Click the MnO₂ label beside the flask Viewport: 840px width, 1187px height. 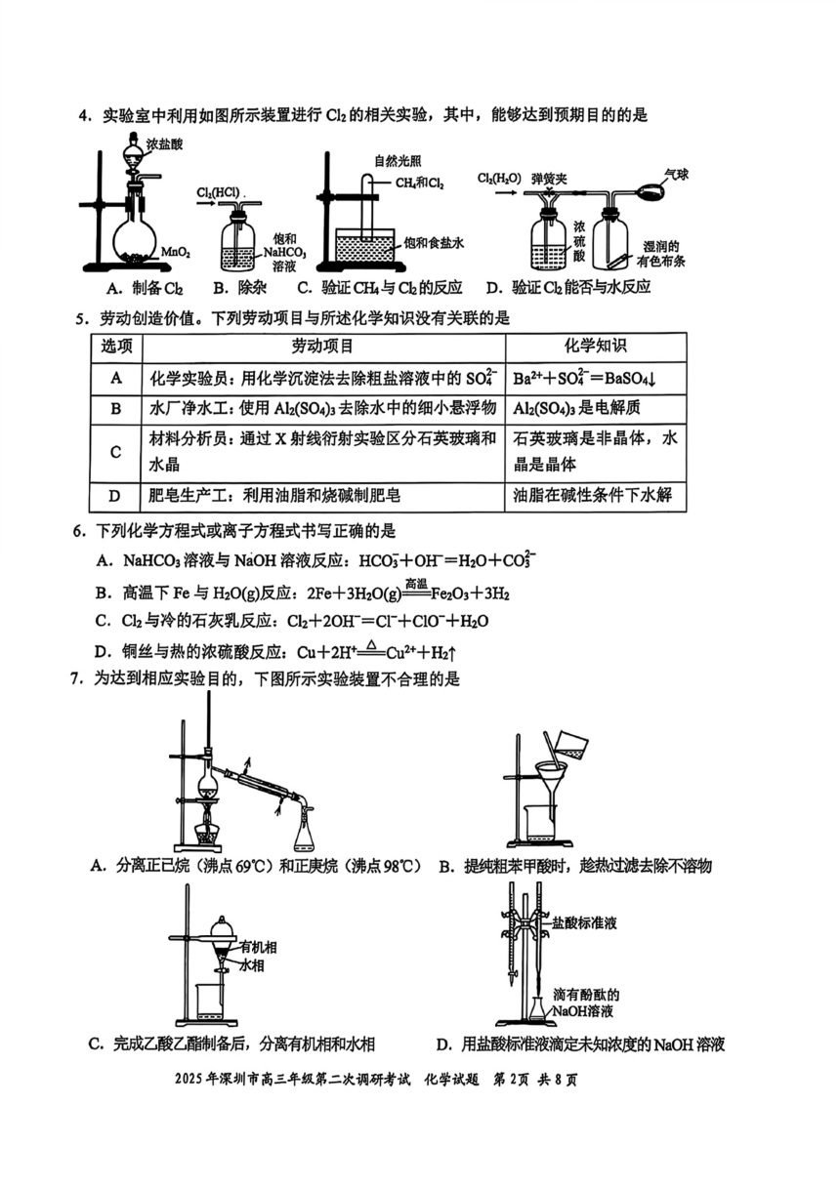(176, 253)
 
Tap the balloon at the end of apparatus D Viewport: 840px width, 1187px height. (651, 189)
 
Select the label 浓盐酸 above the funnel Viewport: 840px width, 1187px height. (166, 144)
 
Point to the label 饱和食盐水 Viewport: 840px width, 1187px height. (434, 243)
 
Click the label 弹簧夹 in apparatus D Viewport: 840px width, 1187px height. (549, 179)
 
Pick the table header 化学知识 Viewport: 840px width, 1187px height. (595, 347)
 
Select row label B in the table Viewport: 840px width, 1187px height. (115, 409)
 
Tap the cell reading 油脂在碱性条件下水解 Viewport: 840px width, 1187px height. (592, 496)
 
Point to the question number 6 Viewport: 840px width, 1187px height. (79, 530)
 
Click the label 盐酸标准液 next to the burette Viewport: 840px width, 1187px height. (584, 923)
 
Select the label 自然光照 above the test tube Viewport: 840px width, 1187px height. (398, 160)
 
